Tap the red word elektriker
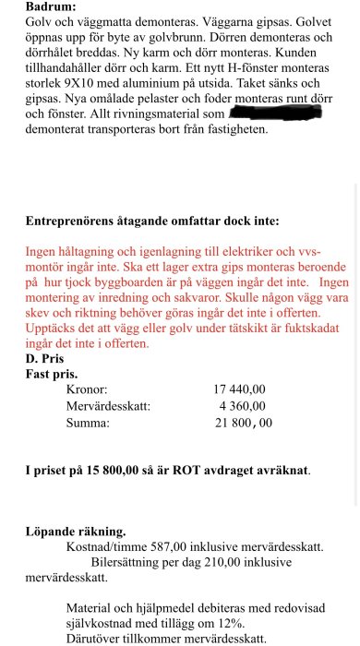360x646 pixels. tap(243, 251)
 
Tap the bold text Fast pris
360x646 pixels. tap(52, 375)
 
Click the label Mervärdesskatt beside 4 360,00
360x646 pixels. tap(109, 406)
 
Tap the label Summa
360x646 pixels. tap(88, 423)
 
